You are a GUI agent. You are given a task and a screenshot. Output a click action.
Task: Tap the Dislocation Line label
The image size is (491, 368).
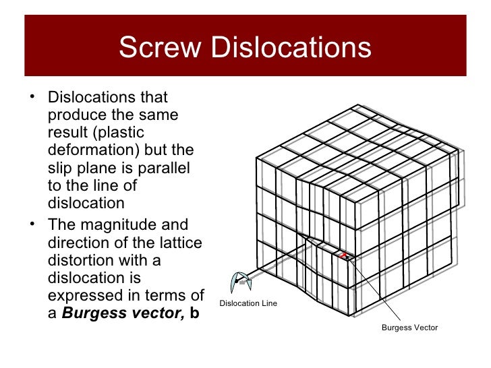248,304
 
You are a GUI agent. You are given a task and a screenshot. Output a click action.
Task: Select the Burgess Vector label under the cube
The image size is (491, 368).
409,328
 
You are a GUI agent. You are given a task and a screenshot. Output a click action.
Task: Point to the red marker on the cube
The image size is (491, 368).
343,255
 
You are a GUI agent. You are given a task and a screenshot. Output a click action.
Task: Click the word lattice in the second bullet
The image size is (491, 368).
178,242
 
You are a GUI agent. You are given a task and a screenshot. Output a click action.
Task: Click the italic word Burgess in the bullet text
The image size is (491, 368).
95,313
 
